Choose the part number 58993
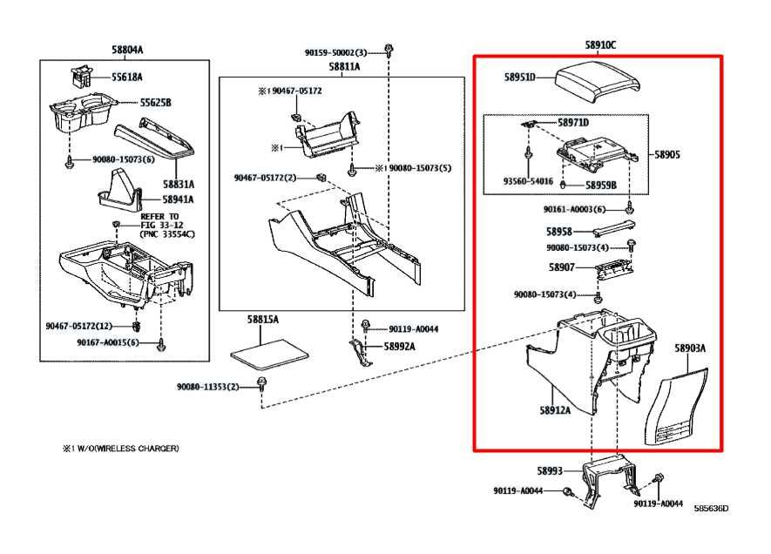point(549,471)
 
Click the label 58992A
point(400,346)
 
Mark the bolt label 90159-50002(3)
point(336,52)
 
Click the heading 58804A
point(127,50)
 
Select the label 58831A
point(178,184)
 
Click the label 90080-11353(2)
point(207,387)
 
